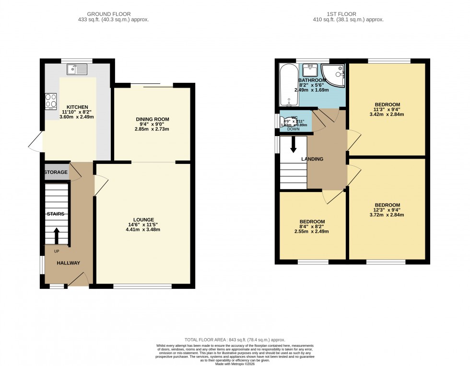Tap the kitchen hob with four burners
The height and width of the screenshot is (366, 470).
point(51,101)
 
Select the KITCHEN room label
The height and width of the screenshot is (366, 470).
point(77,107)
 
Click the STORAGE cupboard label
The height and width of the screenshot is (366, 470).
point(56,172)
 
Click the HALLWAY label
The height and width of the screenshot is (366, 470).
point(68,263)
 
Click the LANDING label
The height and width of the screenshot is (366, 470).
point(312,159)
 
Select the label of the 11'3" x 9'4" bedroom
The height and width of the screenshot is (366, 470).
point(388,104)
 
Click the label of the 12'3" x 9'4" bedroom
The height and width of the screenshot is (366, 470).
point(388,205)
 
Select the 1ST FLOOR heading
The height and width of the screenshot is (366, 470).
point(348,13)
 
